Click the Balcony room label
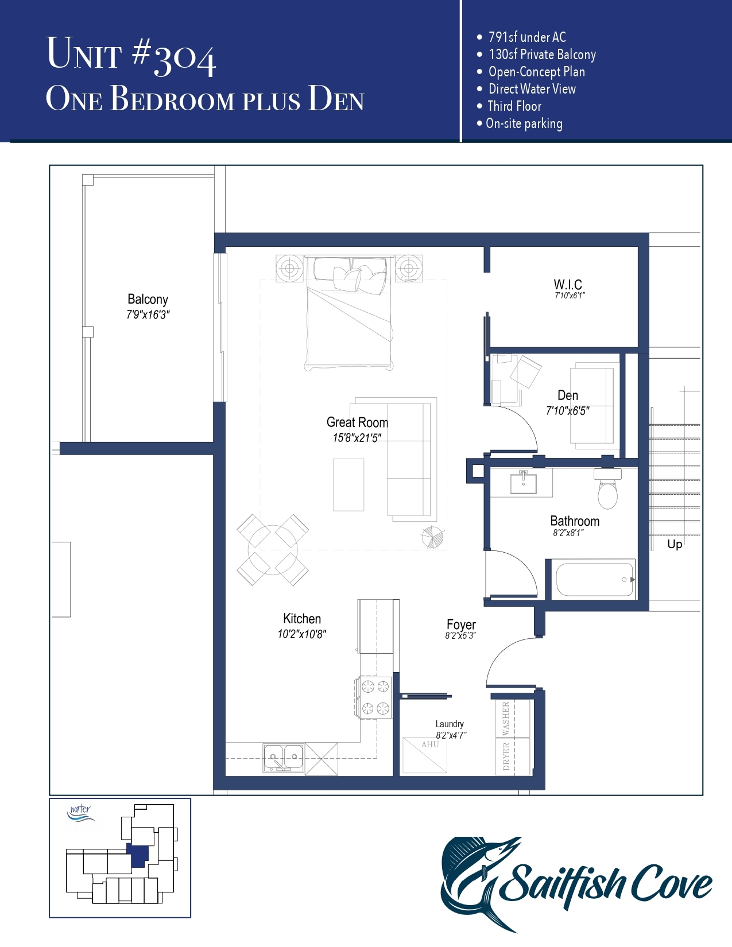tap(148, 299)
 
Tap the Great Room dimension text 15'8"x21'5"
tap(357, 438)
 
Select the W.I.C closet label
tap(568, 285)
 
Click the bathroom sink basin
tap(523, 483)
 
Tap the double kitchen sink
tap(284, 758)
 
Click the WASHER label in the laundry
tap(506, 718)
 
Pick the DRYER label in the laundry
tap(506, 756)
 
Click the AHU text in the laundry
tap(430, 744)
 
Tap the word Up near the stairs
tap(675, 544)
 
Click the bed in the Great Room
tap(349, 313)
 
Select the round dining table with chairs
tap(273, 549)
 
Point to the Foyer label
tap(461, 624)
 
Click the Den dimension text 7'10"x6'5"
tap(567, 411)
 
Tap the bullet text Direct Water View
tap(532, 89)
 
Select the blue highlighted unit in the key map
tap(138, 855)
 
